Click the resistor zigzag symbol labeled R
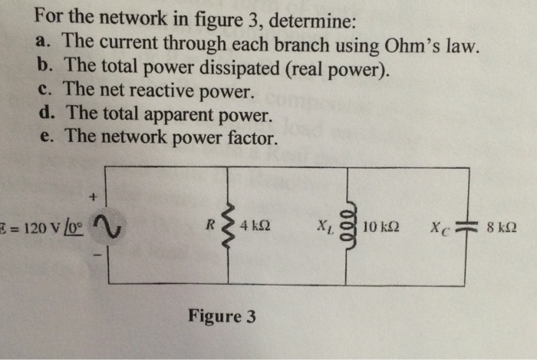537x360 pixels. point(229,227)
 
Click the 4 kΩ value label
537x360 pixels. point(255,227)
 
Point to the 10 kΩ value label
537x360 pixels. point(381,227)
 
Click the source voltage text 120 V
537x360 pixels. point(38,228)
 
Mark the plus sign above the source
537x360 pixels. point(94,198)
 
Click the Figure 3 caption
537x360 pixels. point(222,316)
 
